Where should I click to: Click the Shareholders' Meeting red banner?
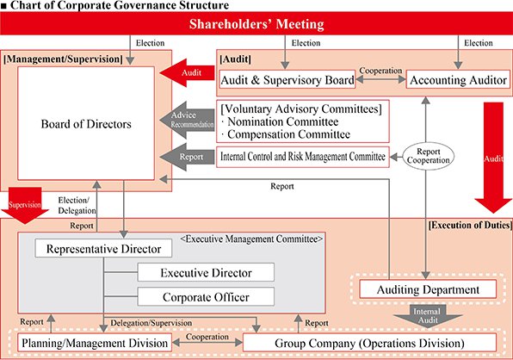[x=256, y=23]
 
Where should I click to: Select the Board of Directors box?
[x=86, y=123]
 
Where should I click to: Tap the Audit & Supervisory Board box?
[x=287, y=79]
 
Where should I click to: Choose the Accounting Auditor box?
[x=458, y=79]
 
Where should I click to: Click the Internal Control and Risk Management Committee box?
[x=303, y=157]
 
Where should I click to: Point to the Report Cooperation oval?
[x=428, y=156]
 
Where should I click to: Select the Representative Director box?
[x=103, y=248]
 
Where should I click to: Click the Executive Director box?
[x=206, y=272]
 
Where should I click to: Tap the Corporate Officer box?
[x=206, y=297]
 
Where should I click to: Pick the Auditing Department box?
[x=428, y=289]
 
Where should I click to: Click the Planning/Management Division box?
[x=95, y=343]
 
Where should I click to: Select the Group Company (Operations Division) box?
[x=370, y=343]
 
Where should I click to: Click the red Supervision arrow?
[x=25, y=205]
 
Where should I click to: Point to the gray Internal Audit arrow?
[x=427, y=316]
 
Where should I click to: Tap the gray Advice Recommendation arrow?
[x=187, y=120]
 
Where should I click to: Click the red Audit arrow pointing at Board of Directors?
[x=187, y=72]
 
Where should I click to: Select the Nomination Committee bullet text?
[x=280, y=121]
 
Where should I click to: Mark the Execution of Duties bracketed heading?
[x=470, y=225]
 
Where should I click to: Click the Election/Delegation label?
[x=77, y=205]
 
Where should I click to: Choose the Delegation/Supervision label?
[x=151, y=323]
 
